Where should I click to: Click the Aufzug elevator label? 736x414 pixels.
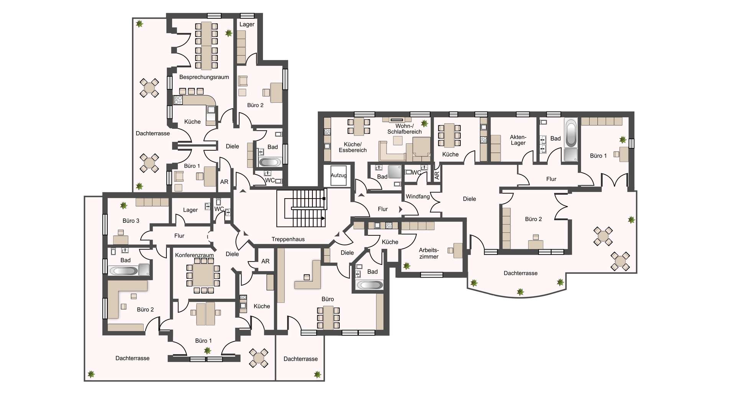click(x=338, y=175)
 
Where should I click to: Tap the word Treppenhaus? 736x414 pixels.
click(x=288, y=239)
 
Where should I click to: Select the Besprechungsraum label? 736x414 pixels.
click(x=204, y=77)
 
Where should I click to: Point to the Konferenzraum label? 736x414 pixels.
click(x=194, y=255)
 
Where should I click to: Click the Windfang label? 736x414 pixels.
click(x=418, y=197)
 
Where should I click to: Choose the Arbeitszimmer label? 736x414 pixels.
click(x=429, y=253)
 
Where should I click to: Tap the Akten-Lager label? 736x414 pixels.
click(x=518, y=140)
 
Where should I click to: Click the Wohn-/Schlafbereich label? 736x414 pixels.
click(x=404, y=129)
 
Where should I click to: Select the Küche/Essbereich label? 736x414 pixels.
click(x=353, y=147)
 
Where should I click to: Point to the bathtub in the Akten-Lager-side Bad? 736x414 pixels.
click(x=571, y=133)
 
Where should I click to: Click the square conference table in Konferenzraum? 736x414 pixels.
click(x=203, y=275)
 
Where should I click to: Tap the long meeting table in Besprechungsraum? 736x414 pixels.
click(x=207, y=46)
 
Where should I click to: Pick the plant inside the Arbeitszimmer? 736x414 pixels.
click(x=407, y=266)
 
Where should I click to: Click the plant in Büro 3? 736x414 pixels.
click(x=123, y=205)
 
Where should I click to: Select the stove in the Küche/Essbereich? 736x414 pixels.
click(x=327, y=132)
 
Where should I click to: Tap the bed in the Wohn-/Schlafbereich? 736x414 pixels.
click(x=421, y=149)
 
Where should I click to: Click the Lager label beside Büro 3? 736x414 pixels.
click(x=191, y=210)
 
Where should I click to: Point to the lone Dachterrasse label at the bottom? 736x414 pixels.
click(x=301, y=359)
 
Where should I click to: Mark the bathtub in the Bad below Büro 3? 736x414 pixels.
click(x=123, y=271)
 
